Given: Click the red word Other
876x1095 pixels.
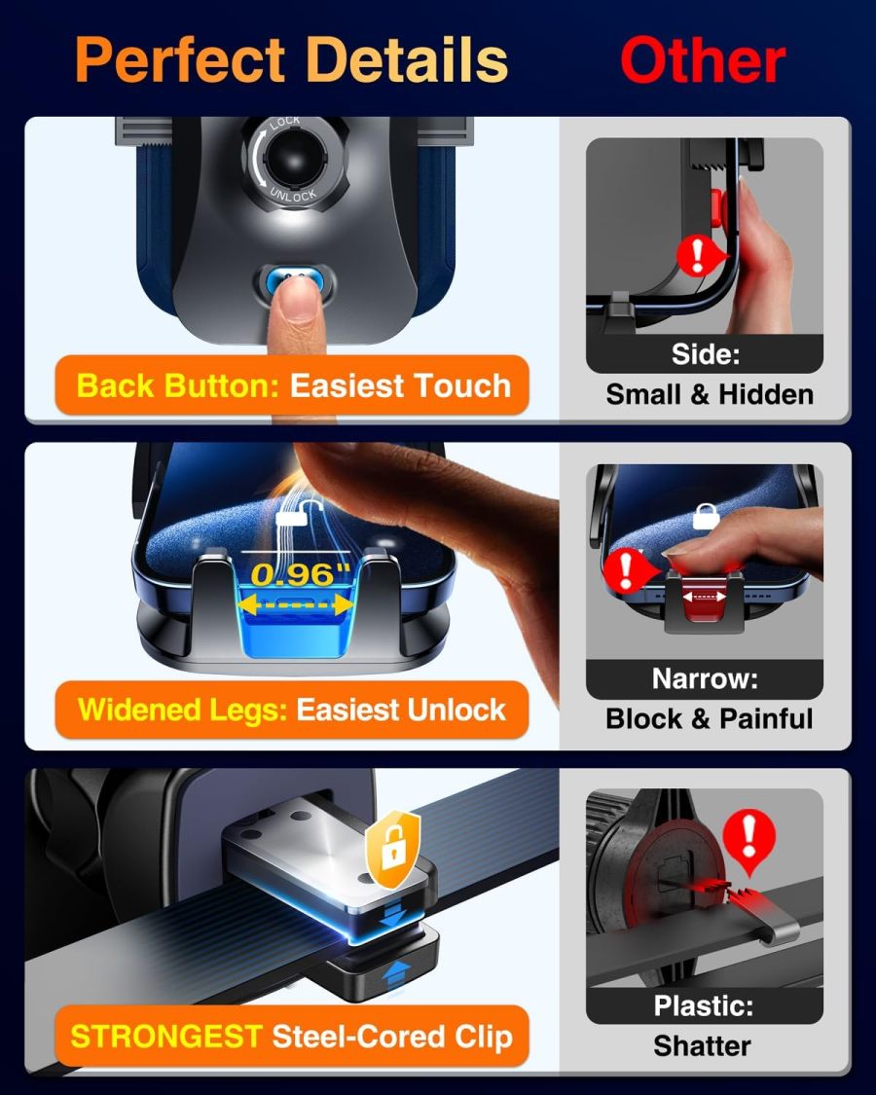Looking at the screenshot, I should [x=702, y=60].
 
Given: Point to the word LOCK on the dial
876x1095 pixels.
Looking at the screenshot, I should [x=285, y=122].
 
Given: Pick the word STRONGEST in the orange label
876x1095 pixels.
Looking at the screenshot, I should [x=166, y=1036].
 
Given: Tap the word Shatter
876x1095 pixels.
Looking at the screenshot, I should [x=702, y=1046].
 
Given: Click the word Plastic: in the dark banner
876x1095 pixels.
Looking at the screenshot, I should [x=703, y=1005].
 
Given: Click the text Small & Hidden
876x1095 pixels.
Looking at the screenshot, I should [x=709, y=394].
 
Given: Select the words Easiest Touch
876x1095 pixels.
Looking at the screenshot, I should [x=400, y=385].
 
